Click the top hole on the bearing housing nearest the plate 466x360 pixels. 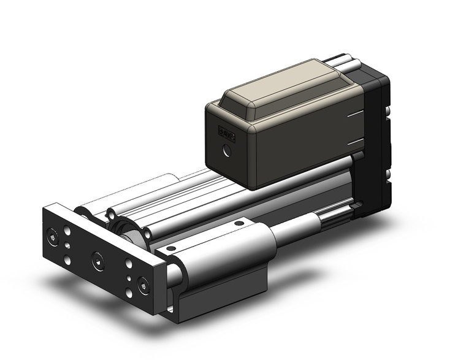point(171,248)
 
